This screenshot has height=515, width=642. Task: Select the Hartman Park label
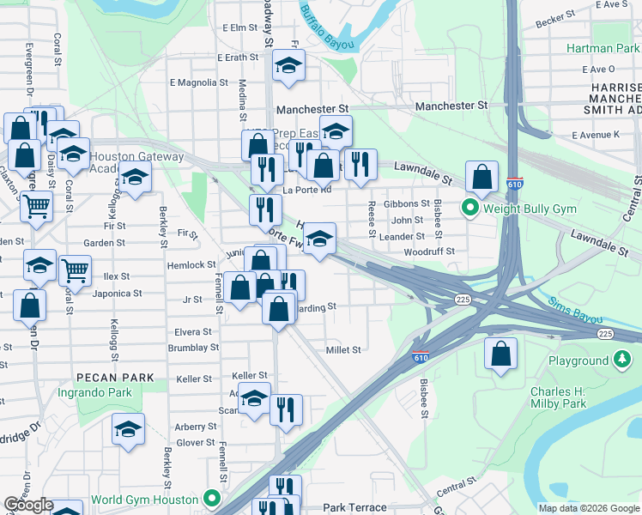click(603, 49)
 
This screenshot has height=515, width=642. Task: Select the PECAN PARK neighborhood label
click(114, 377)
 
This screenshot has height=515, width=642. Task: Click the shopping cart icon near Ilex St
click(76, 270)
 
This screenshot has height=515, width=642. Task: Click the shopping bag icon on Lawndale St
click(482, 177)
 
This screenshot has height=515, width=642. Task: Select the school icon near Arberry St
click(128, 428)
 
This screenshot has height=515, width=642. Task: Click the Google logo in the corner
click(28, 506)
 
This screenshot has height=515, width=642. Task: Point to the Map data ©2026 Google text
click(589, 507)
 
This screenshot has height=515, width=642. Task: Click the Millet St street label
click(343, 349)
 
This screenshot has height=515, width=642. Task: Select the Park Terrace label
click(354, 507)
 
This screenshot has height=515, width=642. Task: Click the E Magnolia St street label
click(198, 83)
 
